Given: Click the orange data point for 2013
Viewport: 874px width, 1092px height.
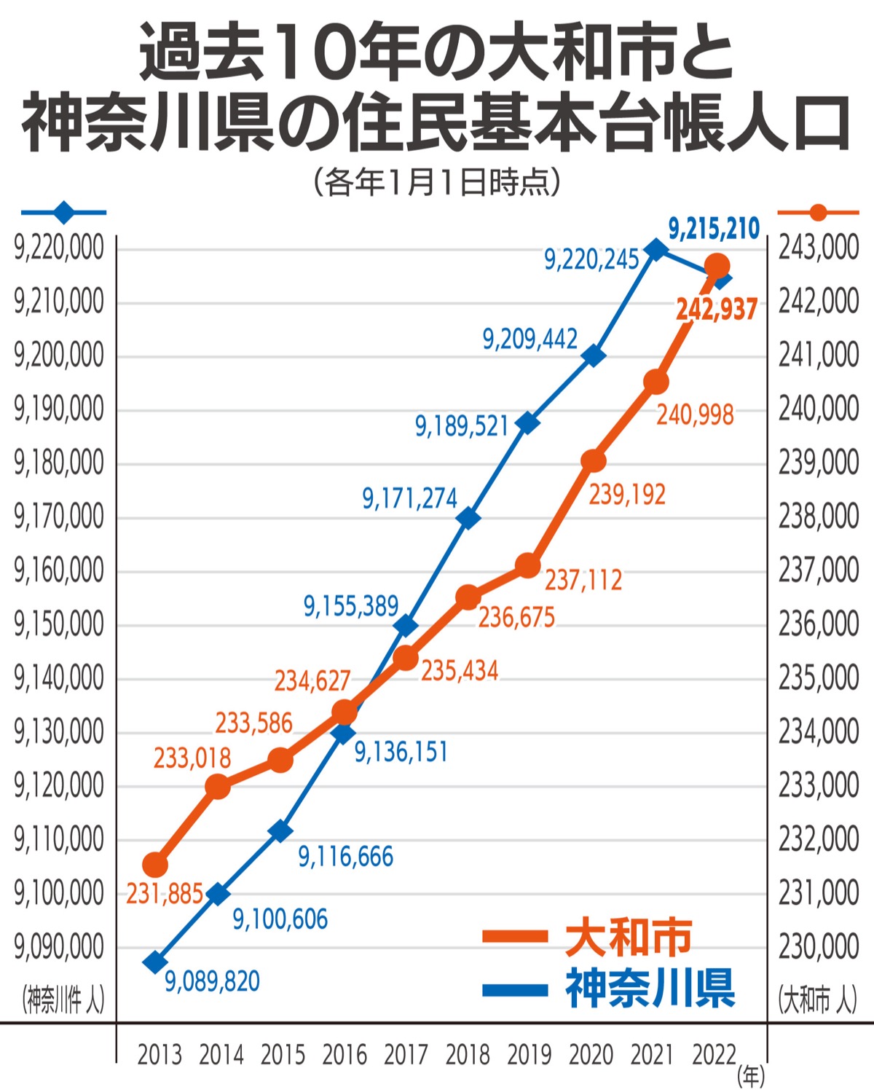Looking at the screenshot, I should [155, 865].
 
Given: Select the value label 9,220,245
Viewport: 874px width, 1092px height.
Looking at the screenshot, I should [591, 259].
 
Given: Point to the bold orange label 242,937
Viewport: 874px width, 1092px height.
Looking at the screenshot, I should [717, 310].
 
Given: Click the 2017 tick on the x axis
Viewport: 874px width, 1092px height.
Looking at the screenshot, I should [406, 1054].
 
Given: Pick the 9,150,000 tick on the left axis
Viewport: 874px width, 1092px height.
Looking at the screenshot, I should [59, 624].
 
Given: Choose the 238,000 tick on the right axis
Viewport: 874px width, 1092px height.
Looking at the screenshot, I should [819, 516].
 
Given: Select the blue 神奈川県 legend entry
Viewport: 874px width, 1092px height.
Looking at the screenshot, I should [609, 989].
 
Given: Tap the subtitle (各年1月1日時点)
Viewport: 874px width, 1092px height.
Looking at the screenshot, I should [437, 182].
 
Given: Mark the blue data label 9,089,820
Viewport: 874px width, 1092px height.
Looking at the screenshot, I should [212, 981].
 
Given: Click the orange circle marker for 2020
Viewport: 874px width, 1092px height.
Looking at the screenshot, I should [594, 460].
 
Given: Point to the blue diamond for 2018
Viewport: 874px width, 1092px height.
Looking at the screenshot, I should [468, 519].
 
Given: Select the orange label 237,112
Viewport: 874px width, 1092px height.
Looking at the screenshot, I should [583, 581].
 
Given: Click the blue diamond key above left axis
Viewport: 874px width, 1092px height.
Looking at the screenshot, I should [64, 213].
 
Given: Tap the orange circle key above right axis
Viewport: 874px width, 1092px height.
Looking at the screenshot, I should [819, 213].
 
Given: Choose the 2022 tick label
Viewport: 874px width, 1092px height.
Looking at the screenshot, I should [714, 1054].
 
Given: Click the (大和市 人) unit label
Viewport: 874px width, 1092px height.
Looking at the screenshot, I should [817, 999].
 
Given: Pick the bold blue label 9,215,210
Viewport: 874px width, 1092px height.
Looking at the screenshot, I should [714, 229].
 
